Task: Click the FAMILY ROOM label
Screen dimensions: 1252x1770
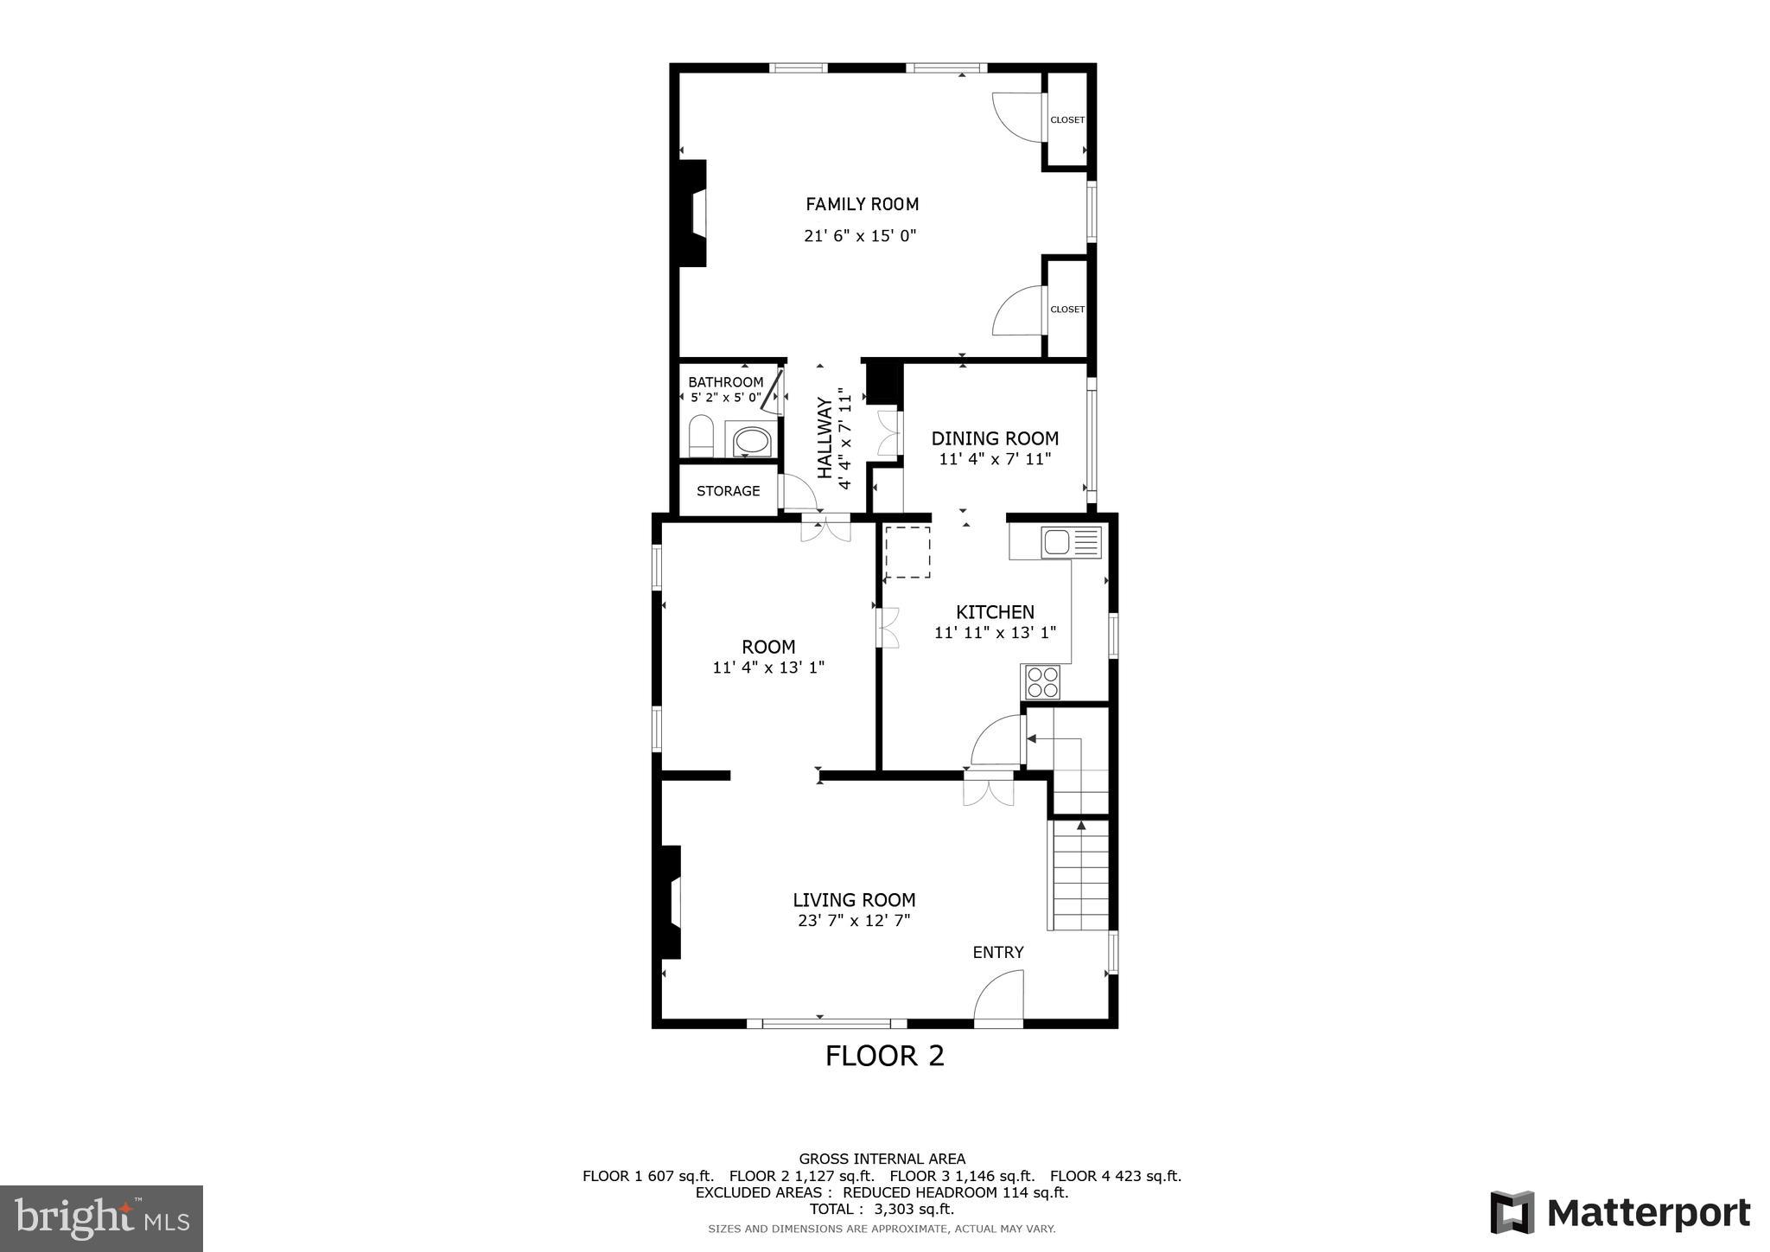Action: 862,204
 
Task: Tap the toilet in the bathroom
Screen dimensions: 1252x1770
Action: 701,436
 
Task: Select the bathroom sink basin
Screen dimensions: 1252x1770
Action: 751,441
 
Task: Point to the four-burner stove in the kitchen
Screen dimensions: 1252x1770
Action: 1041,682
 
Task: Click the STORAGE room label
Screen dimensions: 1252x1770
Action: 728,491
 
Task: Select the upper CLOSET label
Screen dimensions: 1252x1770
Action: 1066,120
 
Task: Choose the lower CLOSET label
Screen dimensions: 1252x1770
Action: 1066,310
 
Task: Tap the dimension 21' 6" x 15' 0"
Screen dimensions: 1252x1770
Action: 860,235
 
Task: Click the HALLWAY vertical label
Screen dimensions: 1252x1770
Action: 825,438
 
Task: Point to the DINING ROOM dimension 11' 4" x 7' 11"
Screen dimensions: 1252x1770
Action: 995,459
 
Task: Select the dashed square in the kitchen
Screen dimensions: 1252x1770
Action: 907,552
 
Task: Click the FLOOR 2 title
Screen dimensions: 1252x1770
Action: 884,1056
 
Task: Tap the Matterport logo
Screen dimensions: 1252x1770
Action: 1620,1212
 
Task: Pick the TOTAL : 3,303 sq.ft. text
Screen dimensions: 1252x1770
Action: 881,1209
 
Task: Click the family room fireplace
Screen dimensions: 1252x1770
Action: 693,213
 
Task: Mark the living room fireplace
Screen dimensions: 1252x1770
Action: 672,902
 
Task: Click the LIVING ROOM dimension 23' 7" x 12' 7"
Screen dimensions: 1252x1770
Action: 854,922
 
